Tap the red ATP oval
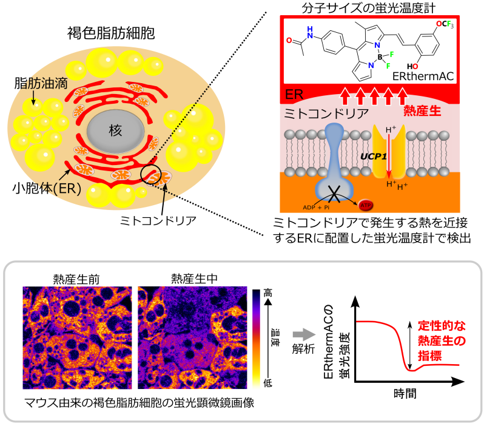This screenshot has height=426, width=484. point(366,205)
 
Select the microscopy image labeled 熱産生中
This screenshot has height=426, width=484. point(192,337)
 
